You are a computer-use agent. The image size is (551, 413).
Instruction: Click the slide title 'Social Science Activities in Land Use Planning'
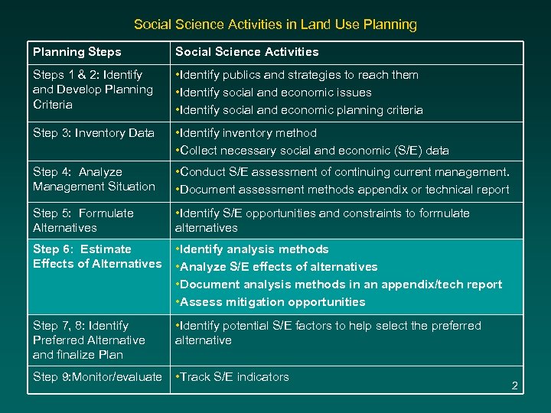point(275,24)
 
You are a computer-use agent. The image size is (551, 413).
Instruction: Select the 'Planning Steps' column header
point(77,52)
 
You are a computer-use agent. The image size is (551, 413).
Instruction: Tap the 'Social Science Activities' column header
point(246,52)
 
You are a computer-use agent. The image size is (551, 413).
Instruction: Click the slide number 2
point(515,386)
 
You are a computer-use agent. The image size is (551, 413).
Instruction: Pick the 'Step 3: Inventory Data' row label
point(93,133)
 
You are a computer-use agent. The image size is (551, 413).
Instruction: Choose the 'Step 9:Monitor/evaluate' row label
point(97,377)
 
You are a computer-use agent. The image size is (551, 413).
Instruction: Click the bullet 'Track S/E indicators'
point(234,377)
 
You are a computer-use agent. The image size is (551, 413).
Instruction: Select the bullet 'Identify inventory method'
point(246,133)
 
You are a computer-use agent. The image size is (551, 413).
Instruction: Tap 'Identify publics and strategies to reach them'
point(298,75)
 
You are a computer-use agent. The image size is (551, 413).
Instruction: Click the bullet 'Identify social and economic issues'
point(275,93)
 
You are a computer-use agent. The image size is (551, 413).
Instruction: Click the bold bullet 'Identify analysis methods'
point(254,249)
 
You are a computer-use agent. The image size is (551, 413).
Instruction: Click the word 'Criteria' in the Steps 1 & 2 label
point(53,104)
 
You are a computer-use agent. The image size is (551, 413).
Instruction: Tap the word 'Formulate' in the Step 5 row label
point(106,213)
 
